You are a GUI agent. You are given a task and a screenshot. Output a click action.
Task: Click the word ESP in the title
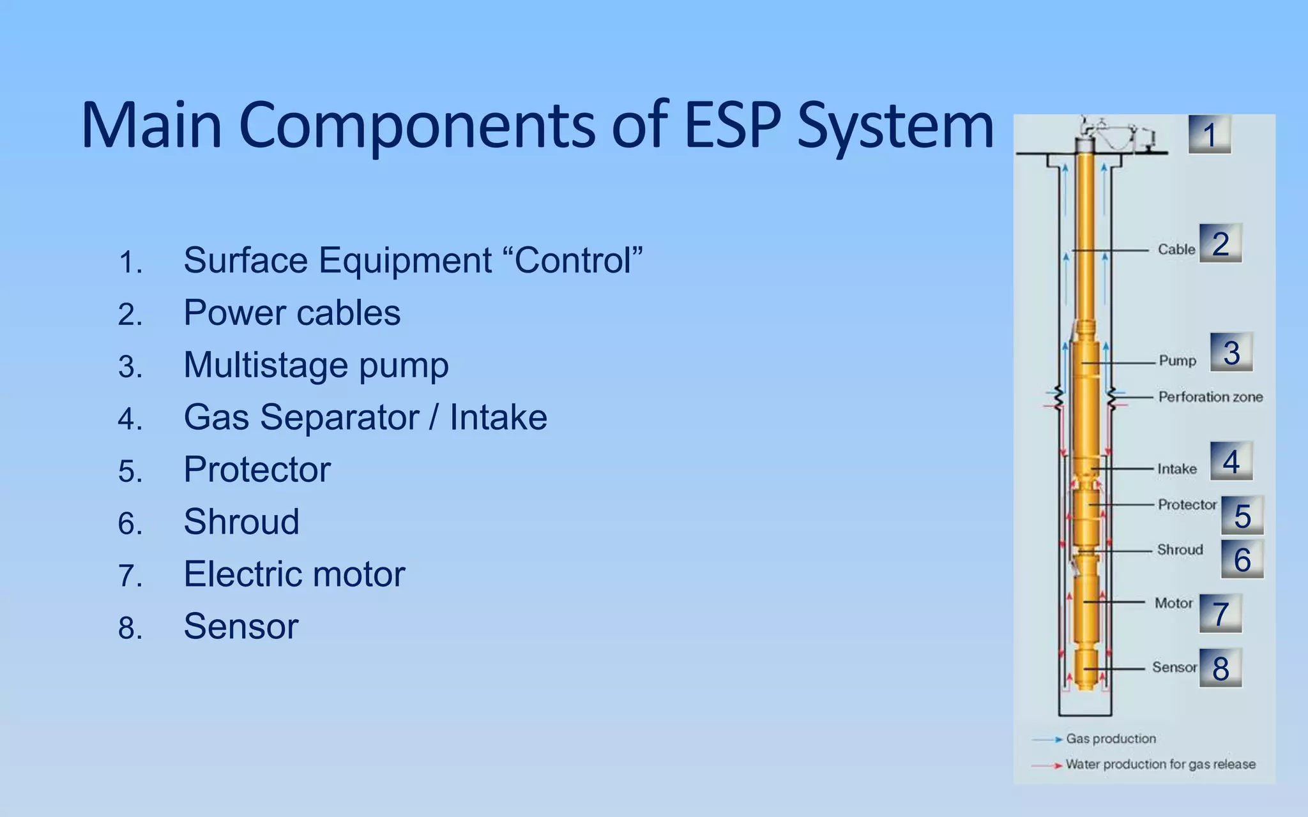pyautogui.click(x=732, y=125)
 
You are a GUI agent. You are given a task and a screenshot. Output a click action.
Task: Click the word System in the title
pyautogui.click(x=895, y=125)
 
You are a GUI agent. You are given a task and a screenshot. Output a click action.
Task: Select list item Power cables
pyautogui.click(x=292, y=313)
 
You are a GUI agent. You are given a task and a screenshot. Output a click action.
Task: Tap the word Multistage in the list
pyautogui.click(x=265, y=365)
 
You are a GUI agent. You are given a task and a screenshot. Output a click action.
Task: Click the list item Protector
pyautogui.click(x=257, y=470)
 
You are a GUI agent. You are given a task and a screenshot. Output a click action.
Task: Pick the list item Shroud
pyautogui.click(x=241, y=522)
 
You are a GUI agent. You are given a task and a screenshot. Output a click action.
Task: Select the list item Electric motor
pyautogui.click(x=294, y=574)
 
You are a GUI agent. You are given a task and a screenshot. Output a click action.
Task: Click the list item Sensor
pyautogui.click(x=241, y=627)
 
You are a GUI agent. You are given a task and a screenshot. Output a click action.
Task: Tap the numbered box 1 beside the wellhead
pyautogui.click(x=1209, y=135)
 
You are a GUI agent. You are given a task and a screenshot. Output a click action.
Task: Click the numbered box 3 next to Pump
pyautogui.click(x=1231, y=352)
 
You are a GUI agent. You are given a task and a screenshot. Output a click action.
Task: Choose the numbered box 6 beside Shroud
pyautogui.click(x=1242, y=560)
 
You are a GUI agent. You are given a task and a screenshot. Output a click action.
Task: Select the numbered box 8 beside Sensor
pyautogui.click(x=1220, y=668)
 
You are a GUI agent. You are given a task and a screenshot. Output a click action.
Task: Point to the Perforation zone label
pyautogui.click(x=1210, y=397)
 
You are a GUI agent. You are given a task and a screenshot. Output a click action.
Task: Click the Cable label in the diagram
pyautogui.click(x=1176, y=250)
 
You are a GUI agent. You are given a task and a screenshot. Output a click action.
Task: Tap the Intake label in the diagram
pyautogui.click(x=1176, y=469)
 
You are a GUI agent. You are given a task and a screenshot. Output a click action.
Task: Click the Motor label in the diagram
pyautogui.click(x=1173, y=603)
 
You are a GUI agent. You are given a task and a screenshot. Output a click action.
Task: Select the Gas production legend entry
pyautogui.click(x=1110, y=739)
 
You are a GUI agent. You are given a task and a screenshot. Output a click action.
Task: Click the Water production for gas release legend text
pyautogui.click(x=1160, y=765)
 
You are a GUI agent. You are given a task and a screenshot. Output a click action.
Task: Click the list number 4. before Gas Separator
pyautogui.click(x=130, y=420)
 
